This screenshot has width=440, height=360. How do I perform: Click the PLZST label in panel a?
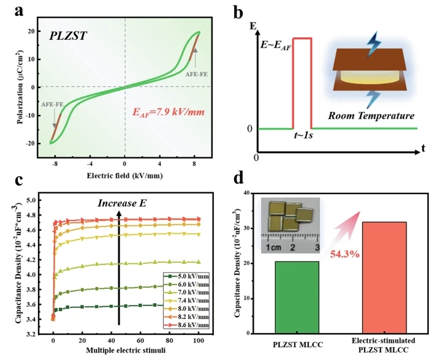click(x=68, y=36)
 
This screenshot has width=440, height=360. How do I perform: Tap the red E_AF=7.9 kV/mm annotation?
click(x=169, y=113)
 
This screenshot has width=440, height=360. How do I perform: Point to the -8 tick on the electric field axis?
click(x=55, y=164)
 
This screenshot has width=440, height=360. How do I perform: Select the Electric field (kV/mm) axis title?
click(x=124, y=176)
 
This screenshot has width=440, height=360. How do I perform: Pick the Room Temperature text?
click(x=371, y=116)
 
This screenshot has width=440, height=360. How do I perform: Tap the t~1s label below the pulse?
click(x=303, y=136)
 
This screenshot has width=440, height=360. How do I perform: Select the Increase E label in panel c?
click(x=122, y=203)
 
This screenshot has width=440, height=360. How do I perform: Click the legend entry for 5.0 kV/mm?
click(x=186, y=277)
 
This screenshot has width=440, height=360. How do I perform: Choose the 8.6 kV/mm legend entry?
click(x=186, y=325)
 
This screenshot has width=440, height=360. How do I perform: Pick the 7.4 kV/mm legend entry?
click(x=186, y=301)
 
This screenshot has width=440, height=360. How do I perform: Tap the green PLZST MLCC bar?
click(x=297, y=298)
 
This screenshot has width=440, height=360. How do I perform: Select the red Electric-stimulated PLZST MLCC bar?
click(x=384, y=278)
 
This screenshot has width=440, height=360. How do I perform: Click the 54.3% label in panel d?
click(x=344, y=254)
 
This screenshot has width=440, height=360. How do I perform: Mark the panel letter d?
click(x=238, y=179)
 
